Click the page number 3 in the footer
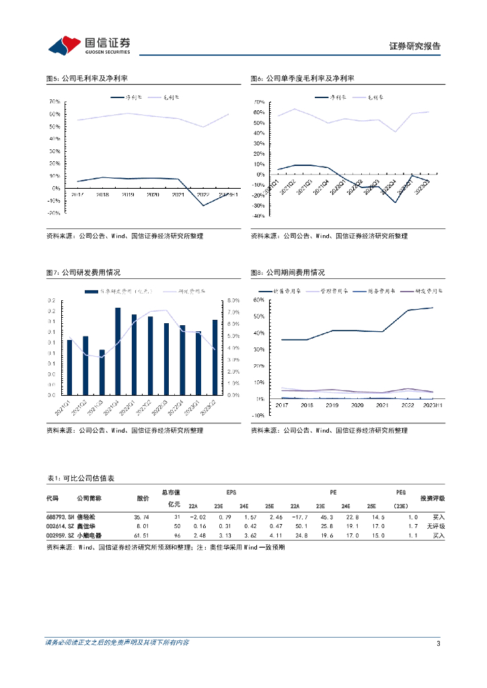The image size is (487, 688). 438,644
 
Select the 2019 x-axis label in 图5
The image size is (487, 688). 127,195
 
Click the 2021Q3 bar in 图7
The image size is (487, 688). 102,372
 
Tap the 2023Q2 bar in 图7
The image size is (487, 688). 215,357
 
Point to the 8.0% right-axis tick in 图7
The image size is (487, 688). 233,300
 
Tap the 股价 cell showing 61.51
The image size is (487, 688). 140,535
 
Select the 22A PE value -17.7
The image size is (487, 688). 299,517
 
